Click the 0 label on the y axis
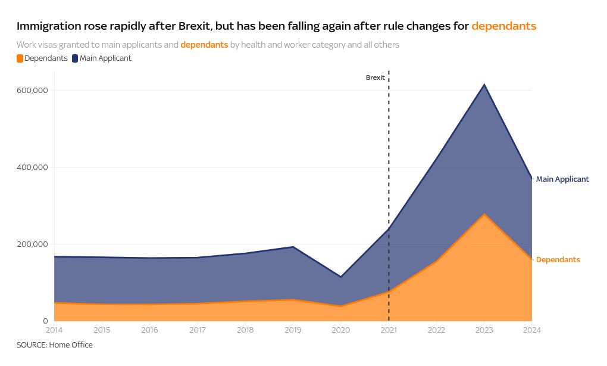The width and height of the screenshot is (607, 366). tap(44, 321)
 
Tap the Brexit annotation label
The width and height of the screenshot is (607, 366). tap(375, 78)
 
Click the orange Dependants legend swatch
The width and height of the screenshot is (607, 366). tap(20, 58)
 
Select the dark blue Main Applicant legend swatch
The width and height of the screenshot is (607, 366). tap(75, 58)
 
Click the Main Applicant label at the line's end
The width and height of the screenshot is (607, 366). tap(562, 179)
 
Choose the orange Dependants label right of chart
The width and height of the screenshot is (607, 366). tap(558, 260)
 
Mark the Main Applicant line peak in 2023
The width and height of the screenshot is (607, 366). tap(484, 85)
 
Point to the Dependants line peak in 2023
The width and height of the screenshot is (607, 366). tap(484, 214)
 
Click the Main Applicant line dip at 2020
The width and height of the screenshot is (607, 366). tap(341, 277)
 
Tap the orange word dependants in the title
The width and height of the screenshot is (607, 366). tap(503, 26)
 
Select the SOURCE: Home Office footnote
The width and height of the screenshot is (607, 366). tap(55, 345)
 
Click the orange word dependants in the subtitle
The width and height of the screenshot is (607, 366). tap(204, 45)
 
